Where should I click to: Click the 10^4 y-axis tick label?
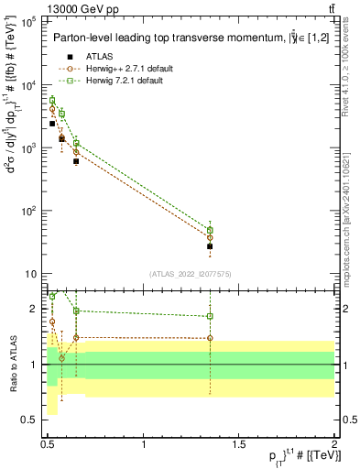[28, 85]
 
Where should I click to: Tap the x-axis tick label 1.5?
[239, 445]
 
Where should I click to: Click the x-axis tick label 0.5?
[49, 445]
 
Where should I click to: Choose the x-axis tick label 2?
[333, 445]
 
